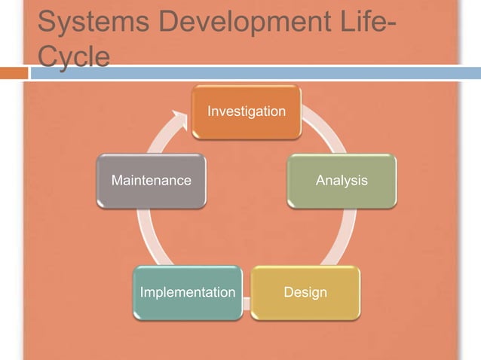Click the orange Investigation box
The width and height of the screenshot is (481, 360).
(x=247, y=112)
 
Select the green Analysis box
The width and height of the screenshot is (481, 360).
(x=342, y=181)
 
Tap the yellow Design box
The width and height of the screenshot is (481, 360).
(x=305, y=291)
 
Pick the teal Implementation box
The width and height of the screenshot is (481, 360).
(x=188, y=291)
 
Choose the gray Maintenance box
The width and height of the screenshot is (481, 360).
(x=152, y=181)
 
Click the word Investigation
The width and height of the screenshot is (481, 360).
(x=247, y=112)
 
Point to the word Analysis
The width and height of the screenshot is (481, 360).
(x=342, y=181)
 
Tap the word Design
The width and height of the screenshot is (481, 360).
(x=305, y=292)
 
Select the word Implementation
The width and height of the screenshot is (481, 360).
(x=188, y=292)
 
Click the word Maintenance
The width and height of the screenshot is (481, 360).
(x=152, y=181)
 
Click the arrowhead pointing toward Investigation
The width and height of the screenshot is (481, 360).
(x=181, y=119)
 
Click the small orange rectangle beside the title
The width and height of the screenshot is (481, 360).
(x=13, y=73)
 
